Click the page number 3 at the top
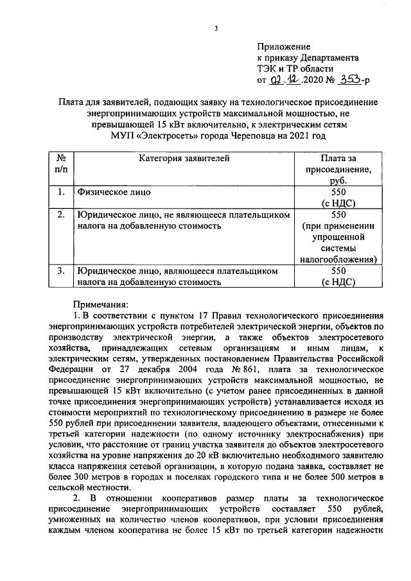(216, 28)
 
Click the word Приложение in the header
(283, 48)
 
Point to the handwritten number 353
(349, 80)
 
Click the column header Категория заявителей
(184, 158)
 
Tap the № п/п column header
(61, 164)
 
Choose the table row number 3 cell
(61, 271)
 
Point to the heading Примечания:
(101, 304)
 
